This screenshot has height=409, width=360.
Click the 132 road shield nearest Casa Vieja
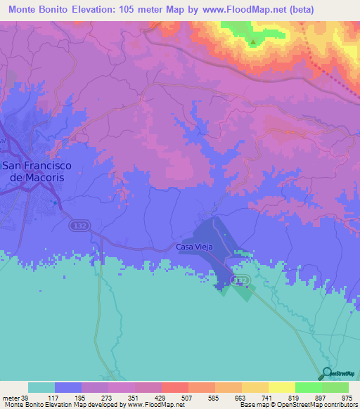(241, 280)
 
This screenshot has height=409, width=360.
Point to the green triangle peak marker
(253, 42)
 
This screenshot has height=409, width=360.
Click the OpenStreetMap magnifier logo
(328, 374)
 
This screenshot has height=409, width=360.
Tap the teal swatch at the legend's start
(41, 387)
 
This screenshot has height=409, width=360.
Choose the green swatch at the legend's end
(335, 387)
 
